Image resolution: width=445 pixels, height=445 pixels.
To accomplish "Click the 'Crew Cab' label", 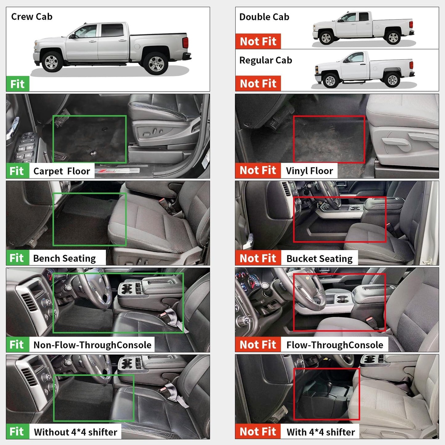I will tap(32, 17).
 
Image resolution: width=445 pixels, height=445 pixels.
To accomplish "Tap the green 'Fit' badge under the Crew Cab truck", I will tap(18, 84).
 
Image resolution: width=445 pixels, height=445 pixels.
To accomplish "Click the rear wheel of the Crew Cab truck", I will tap(156, 63).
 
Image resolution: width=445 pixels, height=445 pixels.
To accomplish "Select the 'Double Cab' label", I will tap(264, 17).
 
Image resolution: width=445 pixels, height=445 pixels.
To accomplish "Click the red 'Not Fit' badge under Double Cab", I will tap(258, 41).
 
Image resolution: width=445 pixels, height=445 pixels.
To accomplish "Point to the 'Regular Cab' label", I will tap(265, 60).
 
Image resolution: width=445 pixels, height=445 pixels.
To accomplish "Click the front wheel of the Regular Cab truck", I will tap(330, 81).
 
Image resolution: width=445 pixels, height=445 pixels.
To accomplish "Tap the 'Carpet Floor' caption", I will tap(62, 171).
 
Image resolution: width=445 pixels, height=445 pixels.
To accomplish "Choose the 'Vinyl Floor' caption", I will tap(309, 171).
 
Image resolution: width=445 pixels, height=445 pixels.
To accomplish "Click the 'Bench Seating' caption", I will tap(64, 258).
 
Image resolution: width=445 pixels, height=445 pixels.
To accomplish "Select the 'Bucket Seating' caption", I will tap(319, 259).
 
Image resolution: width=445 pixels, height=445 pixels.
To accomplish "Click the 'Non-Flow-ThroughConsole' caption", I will tap(92, 345).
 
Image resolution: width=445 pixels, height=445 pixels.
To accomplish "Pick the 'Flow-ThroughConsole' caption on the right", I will tap(335, 345).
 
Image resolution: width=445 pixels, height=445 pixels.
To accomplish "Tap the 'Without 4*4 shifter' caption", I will tap(75, 432).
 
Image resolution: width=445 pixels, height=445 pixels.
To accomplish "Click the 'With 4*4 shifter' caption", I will tap(321, 432).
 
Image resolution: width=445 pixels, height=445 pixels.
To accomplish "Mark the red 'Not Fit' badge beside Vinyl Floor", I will tap(258, 170).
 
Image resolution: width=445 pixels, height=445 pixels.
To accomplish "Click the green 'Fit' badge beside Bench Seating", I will tap(17, 258).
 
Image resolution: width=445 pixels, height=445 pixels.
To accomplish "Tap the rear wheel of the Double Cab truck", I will tap(393, 37).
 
